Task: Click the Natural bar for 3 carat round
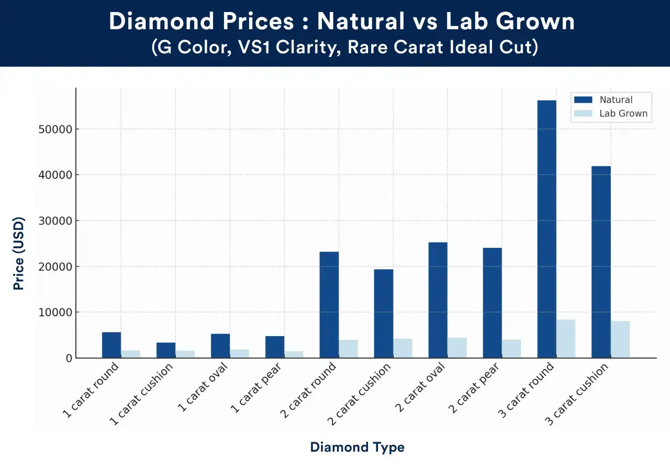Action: coord(547,229)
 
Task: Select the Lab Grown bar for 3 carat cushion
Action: coord(620,339)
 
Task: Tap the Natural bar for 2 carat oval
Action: coord(438,300)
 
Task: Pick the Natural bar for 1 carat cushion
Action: coord(166,350)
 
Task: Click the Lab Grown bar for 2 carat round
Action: coord(348,349)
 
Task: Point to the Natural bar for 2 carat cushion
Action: coord(384,314)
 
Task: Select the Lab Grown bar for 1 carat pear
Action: coord(294,354)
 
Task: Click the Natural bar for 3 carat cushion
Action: coord(601,262)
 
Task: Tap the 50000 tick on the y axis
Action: coord(55,129)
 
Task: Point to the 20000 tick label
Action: coord(55,267)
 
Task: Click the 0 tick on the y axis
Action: coord(69,358)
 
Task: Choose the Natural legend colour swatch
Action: coord(583,99)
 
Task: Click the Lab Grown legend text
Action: coord(623,113)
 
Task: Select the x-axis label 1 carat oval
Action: coord(203,387)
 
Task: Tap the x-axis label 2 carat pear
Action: coord(474,388)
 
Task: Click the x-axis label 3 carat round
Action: coord(526,390)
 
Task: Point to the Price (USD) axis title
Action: coord(18,254)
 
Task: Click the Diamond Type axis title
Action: coord(358,447)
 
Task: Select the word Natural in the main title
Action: coord(361,21)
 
